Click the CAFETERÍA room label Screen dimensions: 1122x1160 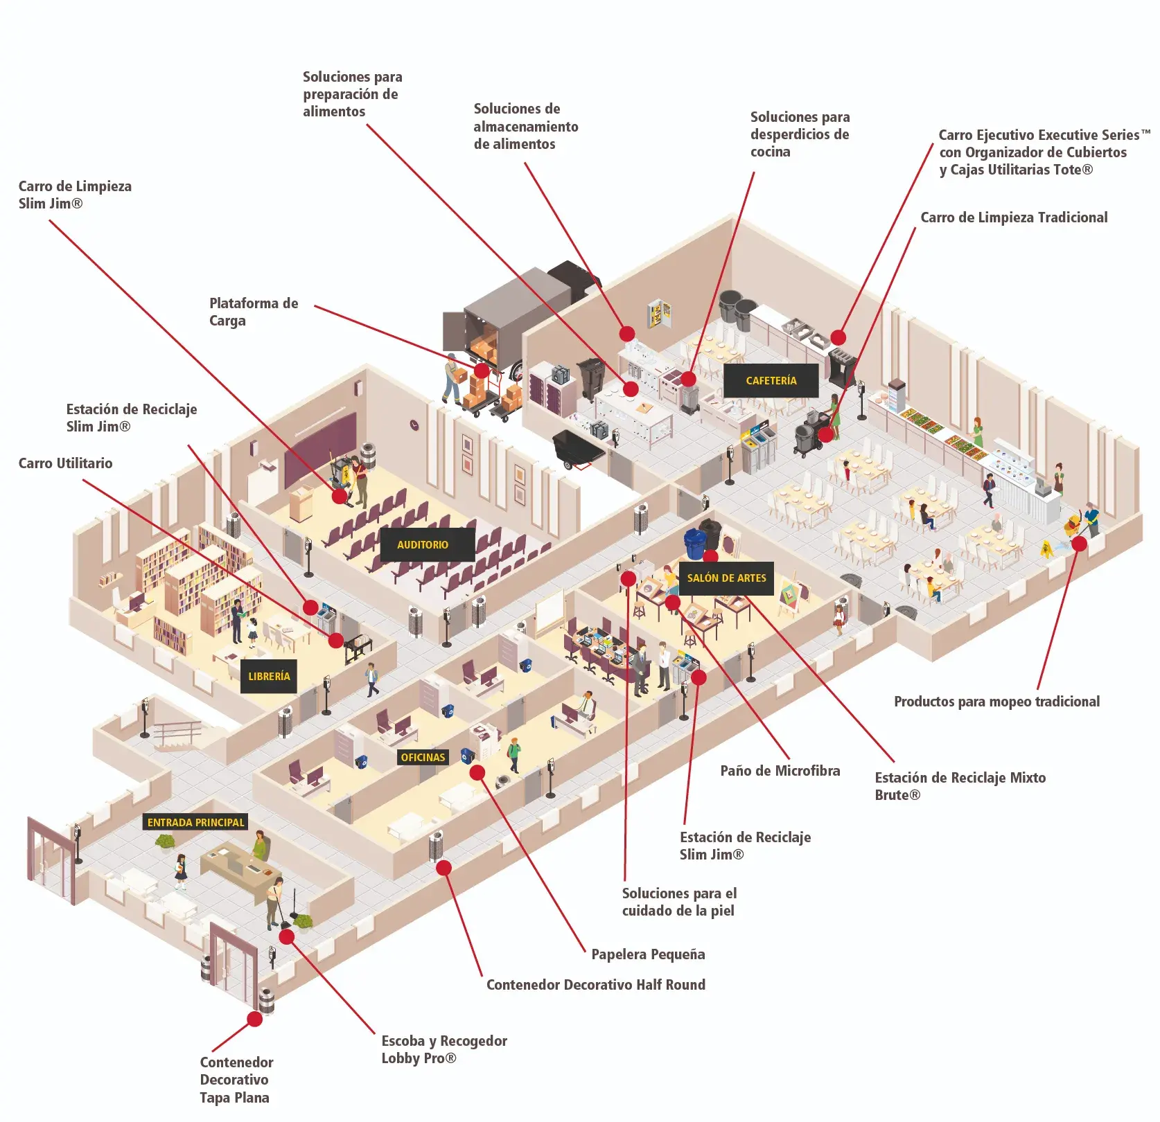pos(771,380)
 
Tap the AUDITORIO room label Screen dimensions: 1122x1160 pos(423,544)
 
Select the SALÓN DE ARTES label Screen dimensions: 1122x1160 pos(726,578)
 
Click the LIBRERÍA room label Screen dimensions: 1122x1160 pos(269,676)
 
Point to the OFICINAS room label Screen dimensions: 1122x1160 pos(423,757)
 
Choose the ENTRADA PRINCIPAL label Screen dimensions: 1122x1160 pos(195,822)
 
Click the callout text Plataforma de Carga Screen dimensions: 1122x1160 pos(254,312)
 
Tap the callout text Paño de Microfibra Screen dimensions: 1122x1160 pos(780,771)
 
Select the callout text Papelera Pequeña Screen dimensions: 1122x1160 pos(648,954)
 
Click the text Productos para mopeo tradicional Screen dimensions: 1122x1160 pos(996,702)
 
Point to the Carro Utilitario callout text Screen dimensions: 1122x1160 pos(65,463)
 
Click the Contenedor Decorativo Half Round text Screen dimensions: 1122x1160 pos(595,985)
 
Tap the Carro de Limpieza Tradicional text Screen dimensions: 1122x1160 pos(1014,217)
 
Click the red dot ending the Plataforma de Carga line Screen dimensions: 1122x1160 pos(481,371)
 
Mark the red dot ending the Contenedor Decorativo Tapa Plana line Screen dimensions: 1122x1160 pos(255,1019)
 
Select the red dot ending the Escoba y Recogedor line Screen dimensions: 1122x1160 pos(287,937)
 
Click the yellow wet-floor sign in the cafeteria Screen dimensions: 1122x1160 pos(1046,550)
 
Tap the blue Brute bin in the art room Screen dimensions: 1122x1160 pos(694,543)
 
